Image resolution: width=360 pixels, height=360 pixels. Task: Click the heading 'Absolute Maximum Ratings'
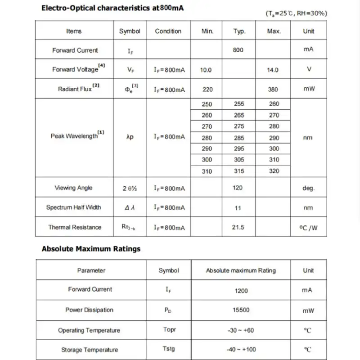coord(91,249)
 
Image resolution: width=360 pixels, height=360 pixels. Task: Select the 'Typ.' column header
coord(239,31)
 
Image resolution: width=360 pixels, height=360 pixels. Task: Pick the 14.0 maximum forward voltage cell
coord(273,70)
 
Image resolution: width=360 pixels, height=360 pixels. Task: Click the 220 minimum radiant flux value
coord(207,89)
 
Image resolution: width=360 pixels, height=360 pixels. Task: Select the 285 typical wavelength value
coord(239,138)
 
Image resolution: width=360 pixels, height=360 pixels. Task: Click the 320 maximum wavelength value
coord(274,171)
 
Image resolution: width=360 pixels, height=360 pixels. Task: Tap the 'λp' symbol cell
coord(130,137)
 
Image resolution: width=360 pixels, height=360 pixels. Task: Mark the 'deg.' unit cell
coord(308,188)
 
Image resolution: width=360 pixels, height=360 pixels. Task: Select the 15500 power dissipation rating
coord(241,310)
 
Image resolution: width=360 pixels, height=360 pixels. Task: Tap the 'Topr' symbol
coord(169,330)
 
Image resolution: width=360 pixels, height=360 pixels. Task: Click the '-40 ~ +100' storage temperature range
coord(241,350)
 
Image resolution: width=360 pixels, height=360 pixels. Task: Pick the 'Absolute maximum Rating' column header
coord(241,270)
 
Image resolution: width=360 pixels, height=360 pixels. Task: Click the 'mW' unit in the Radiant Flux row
coord(308,89)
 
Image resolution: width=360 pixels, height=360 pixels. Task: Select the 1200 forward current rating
coord(241,290)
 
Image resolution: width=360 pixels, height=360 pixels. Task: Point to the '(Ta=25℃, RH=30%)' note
coord(296,13)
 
